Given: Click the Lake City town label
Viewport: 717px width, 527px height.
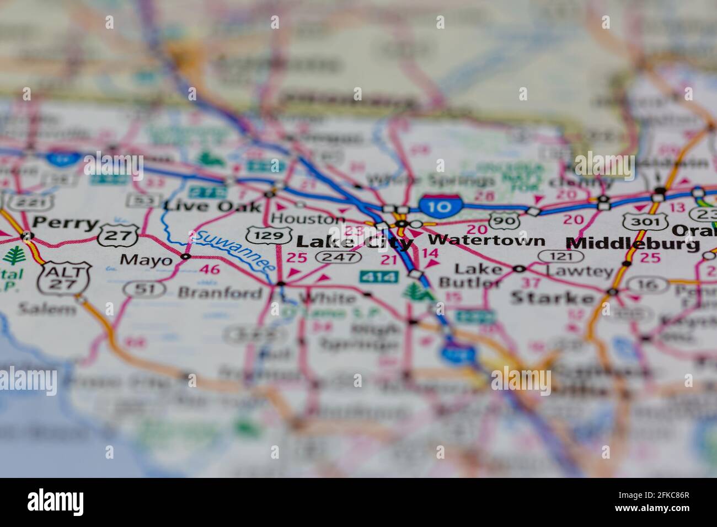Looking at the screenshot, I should (354, 242).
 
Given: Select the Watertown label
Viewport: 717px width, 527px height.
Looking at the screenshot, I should (486, 240).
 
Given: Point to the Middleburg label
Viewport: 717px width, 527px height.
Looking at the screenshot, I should (634, 243).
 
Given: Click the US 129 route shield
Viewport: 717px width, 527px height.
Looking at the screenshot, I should (269, 235).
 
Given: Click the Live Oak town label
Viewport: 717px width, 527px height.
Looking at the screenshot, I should (212, 207).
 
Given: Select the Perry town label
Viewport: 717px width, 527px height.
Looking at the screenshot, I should (65, 224).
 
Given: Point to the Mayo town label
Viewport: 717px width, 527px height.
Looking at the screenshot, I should (146, 260).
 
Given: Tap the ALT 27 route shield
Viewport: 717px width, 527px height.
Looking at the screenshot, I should (57, 278).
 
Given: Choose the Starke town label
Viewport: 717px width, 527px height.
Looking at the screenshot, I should (553, 298).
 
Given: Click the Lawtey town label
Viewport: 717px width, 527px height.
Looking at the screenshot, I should (579, 271).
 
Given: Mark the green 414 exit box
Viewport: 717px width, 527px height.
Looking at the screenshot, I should (379, 276).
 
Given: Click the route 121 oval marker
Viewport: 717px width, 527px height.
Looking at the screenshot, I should (561, 256).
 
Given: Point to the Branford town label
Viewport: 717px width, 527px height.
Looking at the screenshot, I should (220, 293).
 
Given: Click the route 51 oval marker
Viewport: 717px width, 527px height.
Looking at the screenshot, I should (138, 288).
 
